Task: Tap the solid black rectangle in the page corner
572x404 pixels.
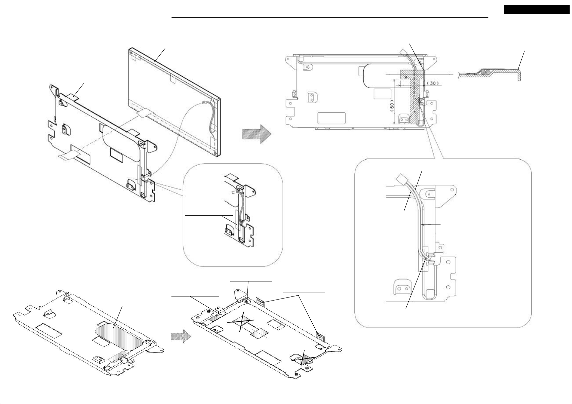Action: coord(536,10)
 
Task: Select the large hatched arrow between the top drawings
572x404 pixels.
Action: coord(257,134)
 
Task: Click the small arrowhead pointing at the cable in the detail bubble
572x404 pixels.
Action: coord(422,225)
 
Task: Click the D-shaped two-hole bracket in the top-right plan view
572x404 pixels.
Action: coord(312,97)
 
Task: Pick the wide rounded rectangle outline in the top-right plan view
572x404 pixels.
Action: coord(331,118)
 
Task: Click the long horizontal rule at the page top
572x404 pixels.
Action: coord(329,17)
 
